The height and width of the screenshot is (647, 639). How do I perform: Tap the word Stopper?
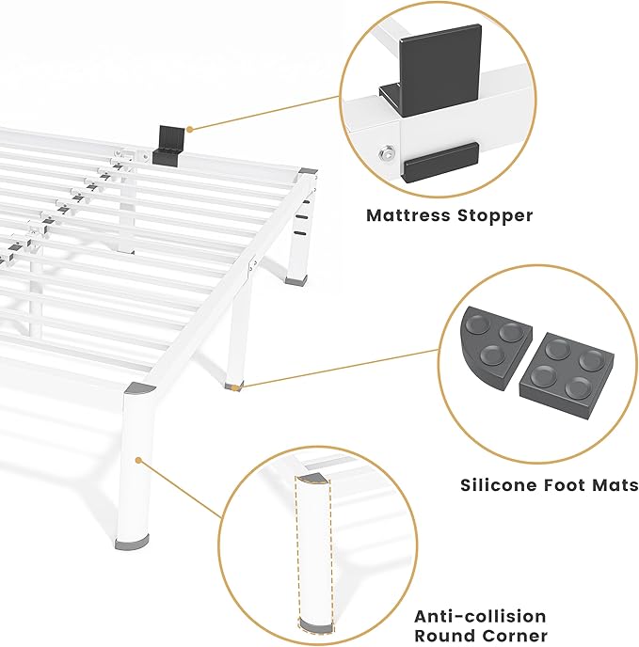496,215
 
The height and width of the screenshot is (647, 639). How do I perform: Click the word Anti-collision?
480,616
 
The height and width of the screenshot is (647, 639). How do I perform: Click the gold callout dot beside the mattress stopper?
189,129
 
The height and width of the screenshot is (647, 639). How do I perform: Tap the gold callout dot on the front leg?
138,461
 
